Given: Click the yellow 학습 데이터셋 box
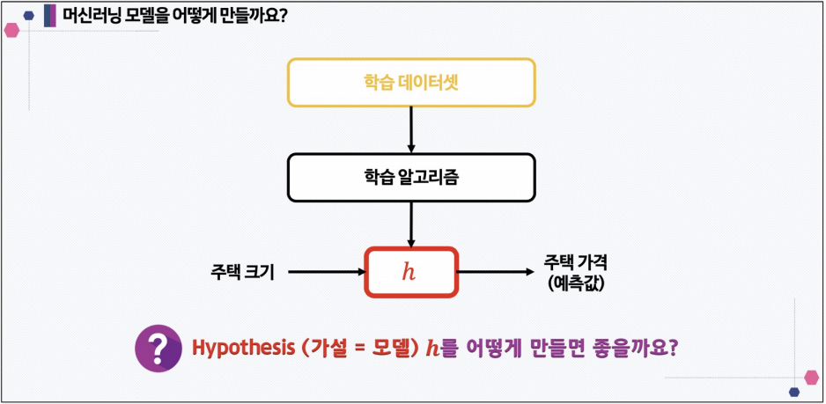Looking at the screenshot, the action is click(x=411, y=84).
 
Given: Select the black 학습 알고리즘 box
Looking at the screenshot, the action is click(x=411, y=177).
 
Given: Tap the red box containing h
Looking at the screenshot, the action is click(x=411, y=272).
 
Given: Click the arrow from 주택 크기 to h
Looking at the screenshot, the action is click(x=326, y=272).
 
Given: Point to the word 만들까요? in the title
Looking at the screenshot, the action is click(x=255, y=16).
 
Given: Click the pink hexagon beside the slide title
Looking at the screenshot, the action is click(x=11, y=30).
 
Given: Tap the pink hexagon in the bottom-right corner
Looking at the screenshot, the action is click(x=811, y=378).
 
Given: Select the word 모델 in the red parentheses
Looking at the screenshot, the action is click(x=389, y=348).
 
